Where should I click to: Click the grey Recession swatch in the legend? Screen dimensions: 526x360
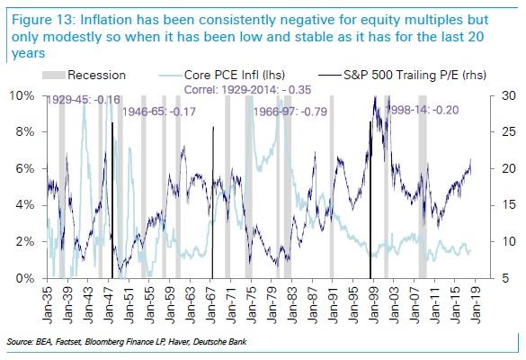(54, 75)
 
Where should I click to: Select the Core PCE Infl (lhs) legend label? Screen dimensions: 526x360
(235, 75)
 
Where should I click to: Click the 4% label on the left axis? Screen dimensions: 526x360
(25, 205)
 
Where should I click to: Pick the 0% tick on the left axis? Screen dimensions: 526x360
(25, 278)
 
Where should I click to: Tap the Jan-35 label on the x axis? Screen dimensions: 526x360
(48, 305)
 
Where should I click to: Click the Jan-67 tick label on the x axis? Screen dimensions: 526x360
(211, 305)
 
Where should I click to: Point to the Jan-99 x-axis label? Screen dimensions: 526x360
(374, 305)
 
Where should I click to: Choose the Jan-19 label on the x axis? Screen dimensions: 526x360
(476, 305)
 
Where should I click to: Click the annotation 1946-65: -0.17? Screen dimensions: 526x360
(158, 112)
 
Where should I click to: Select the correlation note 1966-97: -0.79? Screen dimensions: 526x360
(290, 112)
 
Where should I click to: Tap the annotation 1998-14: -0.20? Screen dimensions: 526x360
(423, 110)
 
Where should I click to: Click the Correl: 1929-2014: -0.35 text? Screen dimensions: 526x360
(248, 90)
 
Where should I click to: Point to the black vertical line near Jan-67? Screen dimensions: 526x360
(213, 202)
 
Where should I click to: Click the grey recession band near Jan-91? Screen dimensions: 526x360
(332, 186)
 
